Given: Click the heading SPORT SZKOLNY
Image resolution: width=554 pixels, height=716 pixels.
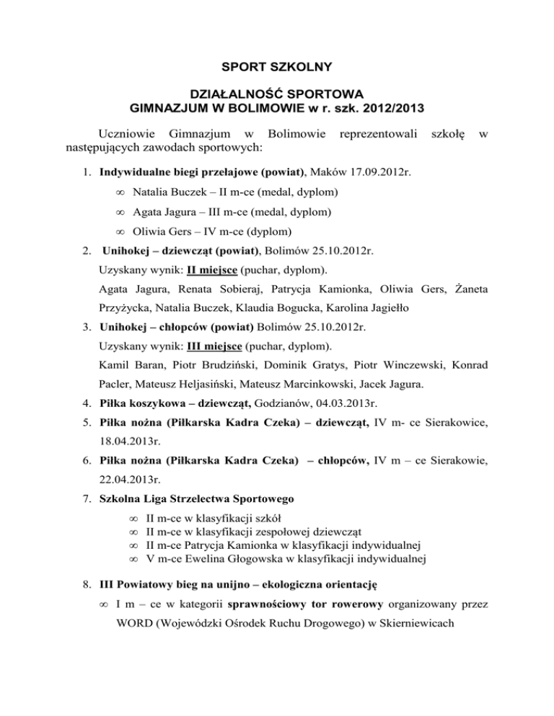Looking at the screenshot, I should click(277, 68).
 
